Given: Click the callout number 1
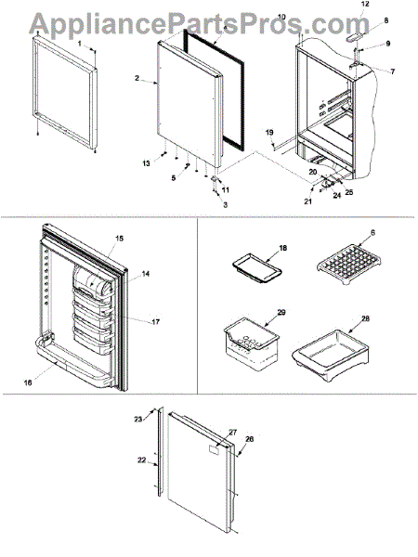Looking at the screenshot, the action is click(x=80, y=44).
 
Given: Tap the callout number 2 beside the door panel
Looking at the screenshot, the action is click(x=137, y=78).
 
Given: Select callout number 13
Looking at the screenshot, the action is click(x=146, y=163).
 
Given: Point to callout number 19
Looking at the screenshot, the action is click(x=269, y=133).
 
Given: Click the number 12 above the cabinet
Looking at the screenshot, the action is click(x=365, y=5).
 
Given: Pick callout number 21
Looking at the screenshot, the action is click(x=307, y=201).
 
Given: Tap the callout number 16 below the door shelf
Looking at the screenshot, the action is click(x=28, y=382).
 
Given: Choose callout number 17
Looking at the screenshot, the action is click(x=155, y=322).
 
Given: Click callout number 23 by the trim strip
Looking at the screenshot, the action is click(x=137, y=420).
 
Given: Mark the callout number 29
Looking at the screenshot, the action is click(x=281, y=312).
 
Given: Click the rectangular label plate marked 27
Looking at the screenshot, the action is click(x=214, y=450).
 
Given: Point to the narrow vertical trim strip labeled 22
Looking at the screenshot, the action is click(x=160, y=451).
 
